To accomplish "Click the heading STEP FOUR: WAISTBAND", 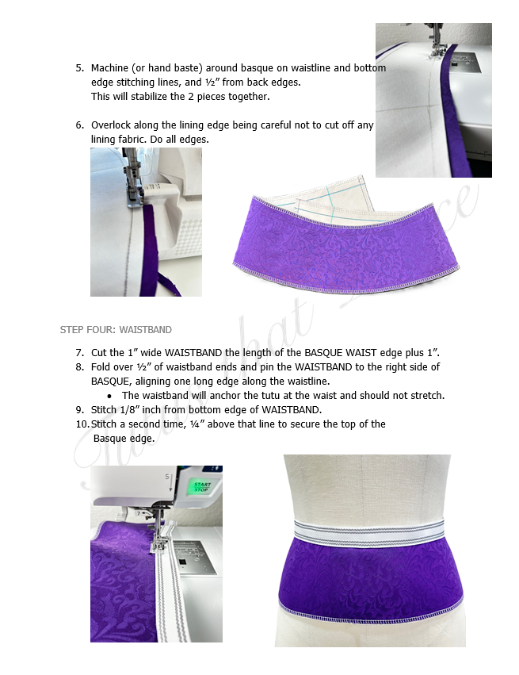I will (x=116, y=329).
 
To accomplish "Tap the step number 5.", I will (x=79, y=68).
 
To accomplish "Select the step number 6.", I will (x=79, y=125).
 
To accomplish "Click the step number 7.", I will (x=79, y=352).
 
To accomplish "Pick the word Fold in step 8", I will (x=101, y=366).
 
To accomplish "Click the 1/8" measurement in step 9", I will (x=136, y=409).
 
